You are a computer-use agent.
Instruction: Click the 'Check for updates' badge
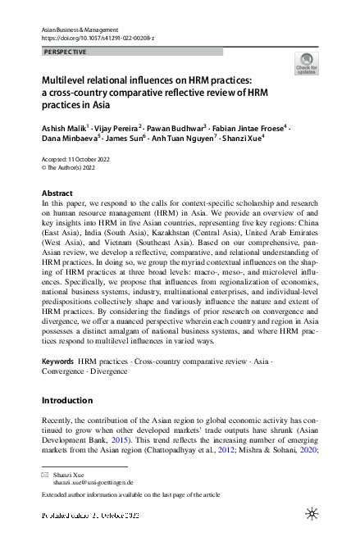click(x=305, y=63)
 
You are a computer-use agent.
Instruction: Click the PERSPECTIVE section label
click(x=63, y=52)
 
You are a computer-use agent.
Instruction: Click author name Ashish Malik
click(x=64, y=130)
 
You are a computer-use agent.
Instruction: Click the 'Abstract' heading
click(x=57, y=193)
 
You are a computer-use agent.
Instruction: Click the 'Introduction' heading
click(x=66, y=400)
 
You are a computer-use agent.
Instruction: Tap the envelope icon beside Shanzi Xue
click(x=46, y=474)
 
